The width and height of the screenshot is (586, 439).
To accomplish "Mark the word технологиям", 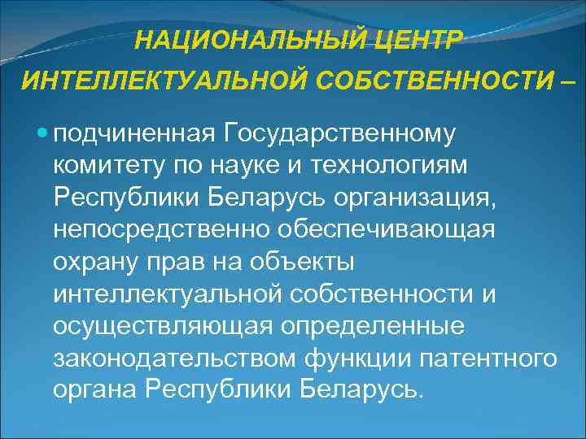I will [409, 165].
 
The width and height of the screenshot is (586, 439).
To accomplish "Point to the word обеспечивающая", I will [385, 230].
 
